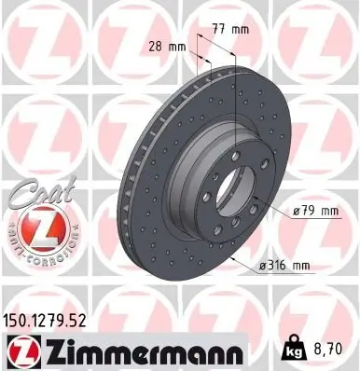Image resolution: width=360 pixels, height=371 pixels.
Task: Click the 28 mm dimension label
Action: coord(164,46)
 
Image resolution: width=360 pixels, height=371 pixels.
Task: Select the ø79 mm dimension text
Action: coord(314,211)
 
